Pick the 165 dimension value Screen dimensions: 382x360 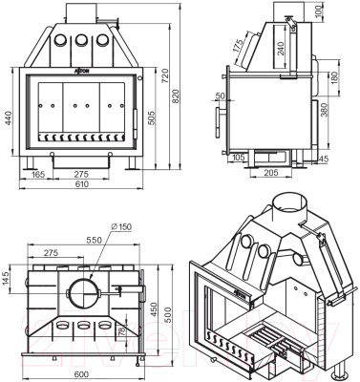click(37, 176)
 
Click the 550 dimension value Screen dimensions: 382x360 click(94, 240)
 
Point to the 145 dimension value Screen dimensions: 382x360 click(8, 278)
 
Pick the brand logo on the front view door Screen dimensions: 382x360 click(82, 70)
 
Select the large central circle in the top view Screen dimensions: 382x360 click(81, 287)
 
